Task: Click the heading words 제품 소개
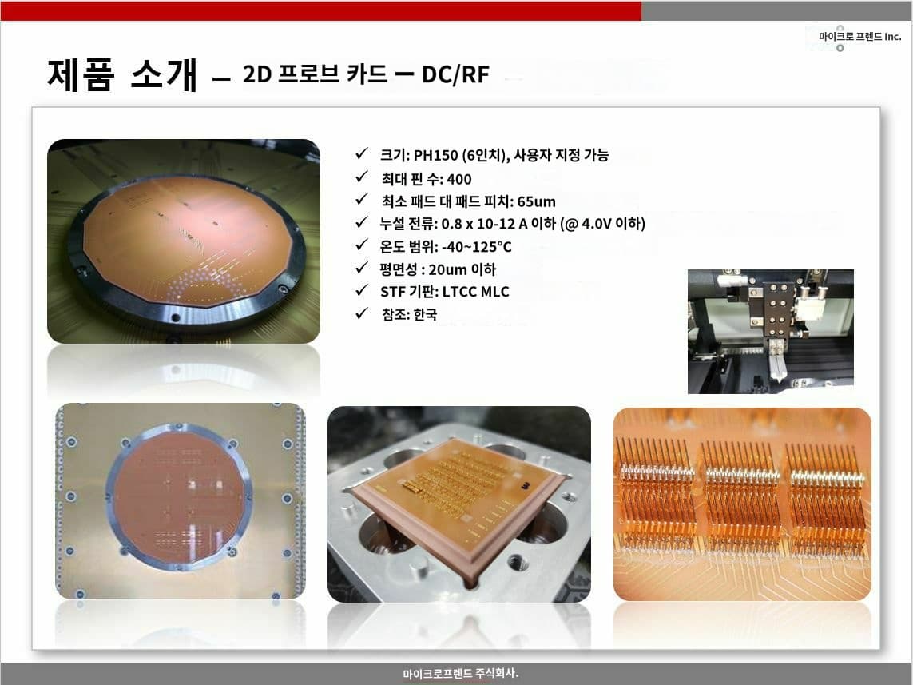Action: point(122,75)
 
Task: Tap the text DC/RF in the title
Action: point(455,74)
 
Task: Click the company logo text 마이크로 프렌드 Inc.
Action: point(860,36)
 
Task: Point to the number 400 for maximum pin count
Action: point(458,179)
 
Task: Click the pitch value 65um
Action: point(536,201)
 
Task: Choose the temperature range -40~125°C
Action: point(476,247)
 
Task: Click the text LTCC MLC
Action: point(475,292)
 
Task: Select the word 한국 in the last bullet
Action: point(425,315)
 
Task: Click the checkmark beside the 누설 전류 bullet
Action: point(362,222)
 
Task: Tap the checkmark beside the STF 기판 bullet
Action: point(362,289)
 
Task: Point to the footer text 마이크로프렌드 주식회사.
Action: point(460,673)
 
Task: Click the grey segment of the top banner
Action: point(776,10)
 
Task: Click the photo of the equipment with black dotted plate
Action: point(770,332)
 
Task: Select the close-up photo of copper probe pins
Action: point(742,504)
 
